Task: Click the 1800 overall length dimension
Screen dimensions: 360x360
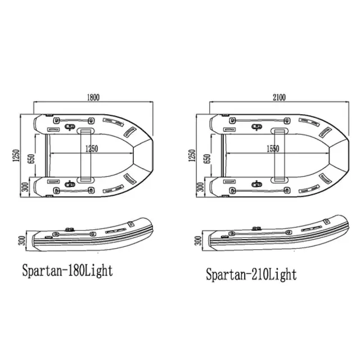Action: [93, 97]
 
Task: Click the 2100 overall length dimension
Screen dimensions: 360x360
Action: [278, 97]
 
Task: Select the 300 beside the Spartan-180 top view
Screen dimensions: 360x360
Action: [25, 186]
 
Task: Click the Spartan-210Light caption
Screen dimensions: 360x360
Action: [251, 274]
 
